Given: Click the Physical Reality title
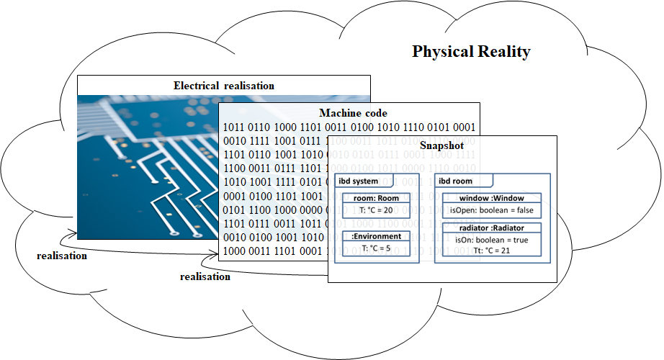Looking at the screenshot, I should [x=471, y=52].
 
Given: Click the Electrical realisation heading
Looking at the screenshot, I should [x=223, y=86].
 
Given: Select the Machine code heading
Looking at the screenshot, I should [x=353, y=113].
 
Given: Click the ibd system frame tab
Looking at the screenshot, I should [x=358, y=181].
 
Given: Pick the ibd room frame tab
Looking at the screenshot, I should [x=456, y=181].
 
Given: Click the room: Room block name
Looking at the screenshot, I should [x=376, y=198].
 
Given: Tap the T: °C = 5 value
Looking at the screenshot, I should [x=376, y=248].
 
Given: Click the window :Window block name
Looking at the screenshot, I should [x=492, y=198].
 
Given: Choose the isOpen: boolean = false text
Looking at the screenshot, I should [x=492, y=210].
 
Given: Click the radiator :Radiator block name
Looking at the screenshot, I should [x=492, y=228].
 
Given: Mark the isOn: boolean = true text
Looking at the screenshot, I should [x=492, y=240].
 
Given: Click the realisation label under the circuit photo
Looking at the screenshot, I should [x=62, y=256].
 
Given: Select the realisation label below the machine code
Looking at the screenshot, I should [x=205, y=276].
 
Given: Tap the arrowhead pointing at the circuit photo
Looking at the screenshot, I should [x=73, y=235].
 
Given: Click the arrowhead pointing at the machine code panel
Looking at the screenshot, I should [x=214, y=253].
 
